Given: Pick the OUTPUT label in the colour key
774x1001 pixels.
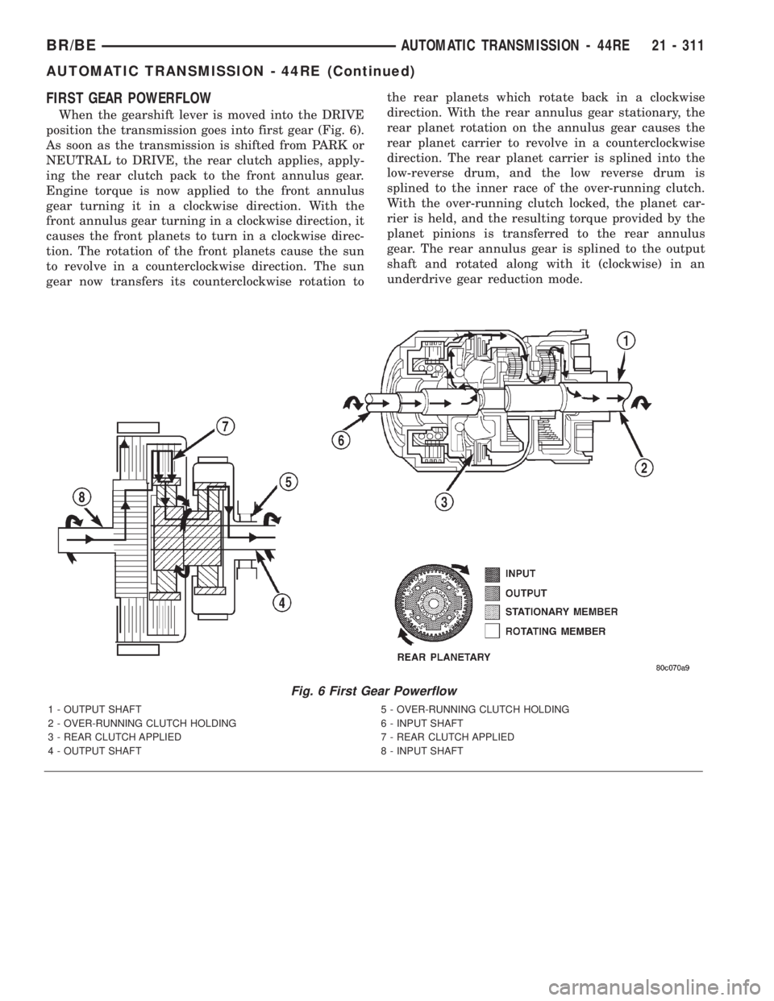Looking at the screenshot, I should click(526, 592).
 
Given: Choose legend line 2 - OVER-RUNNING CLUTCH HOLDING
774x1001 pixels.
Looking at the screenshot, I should click(142, 724).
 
